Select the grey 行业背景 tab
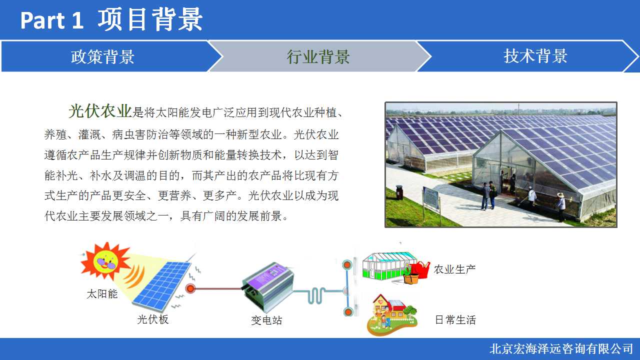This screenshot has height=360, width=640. click(x=318, y=56)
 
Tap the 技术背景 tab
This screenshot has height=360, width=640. click(x=528, y=56)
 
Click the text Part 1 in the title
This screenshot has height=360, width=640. click(x=51, y=20)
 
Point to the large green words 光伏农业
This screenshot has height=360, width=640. click(x=100, y=111)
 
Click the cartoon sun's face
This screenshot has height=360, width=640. click(x=106, y=261)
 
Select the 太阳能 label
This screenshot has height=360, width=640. click(x=102, y=293)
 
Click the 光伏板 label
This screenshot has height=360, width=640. click(x=153, y=319)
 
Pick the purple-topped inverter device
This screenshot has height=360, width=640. click(x=267, y=286)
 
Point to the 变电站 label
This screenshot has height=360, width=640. click(x=266, y=320)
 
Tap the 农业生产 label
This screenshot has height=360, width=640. click(x=454, y=269)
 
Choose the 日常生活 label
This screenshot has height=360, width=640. click(x=455, y=319)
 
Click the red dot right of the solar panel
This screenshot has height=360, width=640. click(x=190, y=288)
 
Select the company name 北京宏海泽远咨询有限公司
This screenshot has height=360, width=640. click(x=561, y=349)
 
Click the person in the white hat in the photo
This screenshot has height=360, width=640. click(x=560, y=207)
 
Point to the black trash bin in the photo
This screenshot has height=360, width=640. click(x=399, y=192)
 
